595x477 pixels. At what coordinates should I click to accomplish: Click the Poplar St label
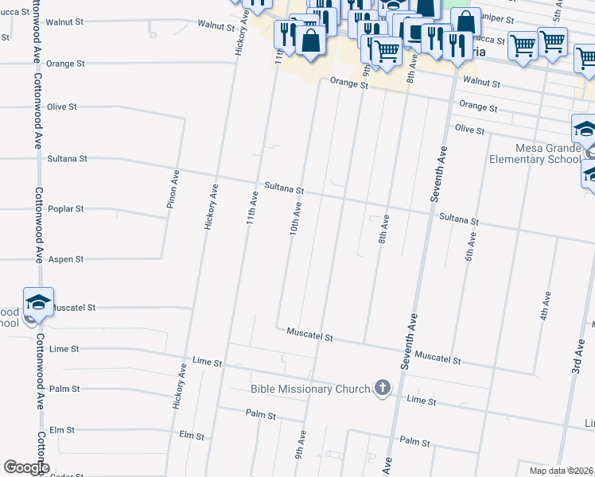tap(88, 209)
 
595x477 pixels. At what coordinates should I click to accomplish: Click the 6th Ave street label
tap(470, 246)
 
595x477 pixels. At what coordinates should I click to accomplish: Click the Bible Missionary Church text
tap(310, 389)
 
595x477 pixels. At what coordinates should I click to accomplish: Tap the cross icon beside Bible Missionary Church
tap(383, 388)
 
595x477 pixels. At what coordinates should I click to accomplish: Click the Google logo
tap(25, 467)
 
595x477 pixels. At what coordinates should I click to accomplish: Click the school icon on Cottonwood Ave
tap(38, 301)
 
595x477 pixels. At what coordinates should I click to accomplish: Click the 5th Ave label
tap(559, 10)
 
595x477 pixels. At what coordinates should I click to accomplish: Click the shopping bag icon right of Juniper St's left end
tap(465, 23)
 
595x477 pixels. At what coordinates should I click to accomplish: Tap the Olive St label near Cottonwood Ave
tap(61, 107)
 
